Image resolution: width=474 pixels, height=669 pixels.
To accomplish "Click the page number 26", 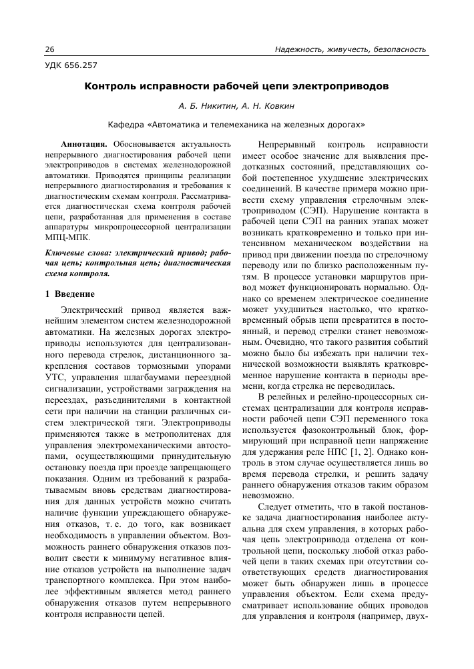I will point(49,49).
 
